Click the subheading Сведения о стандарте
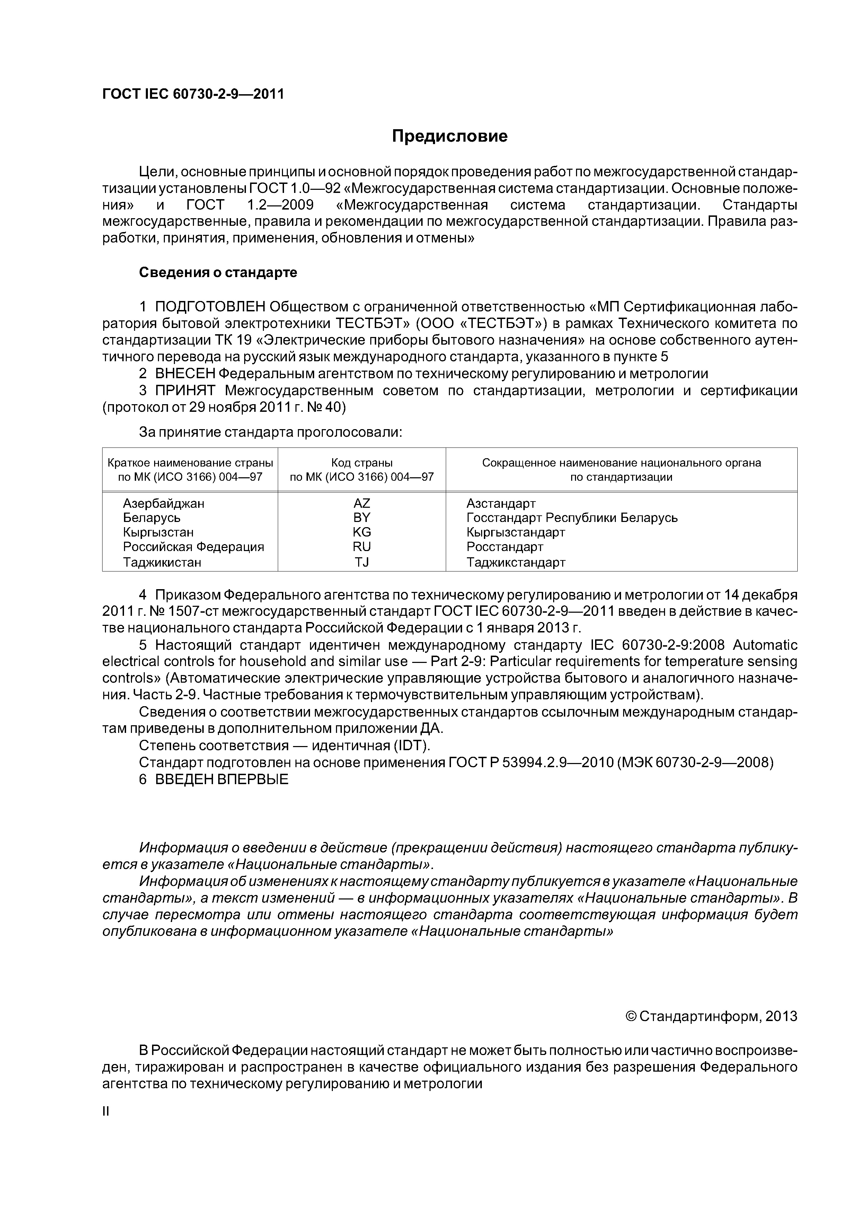pos(218,273)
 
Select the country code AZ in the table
pos(362,503)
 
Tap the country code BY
pos(362,517)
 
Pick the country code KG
pos(362,532)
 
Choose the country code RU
pos(362,547)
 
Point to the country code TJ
pos(362,562)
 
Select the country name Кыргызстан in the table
pos(158,532)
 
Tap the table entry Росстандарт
pos(505,547)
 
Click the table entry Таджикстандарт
pos(516,562)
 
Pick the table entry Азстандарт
pos(501,503)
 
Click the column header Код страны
pos(362,462)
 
